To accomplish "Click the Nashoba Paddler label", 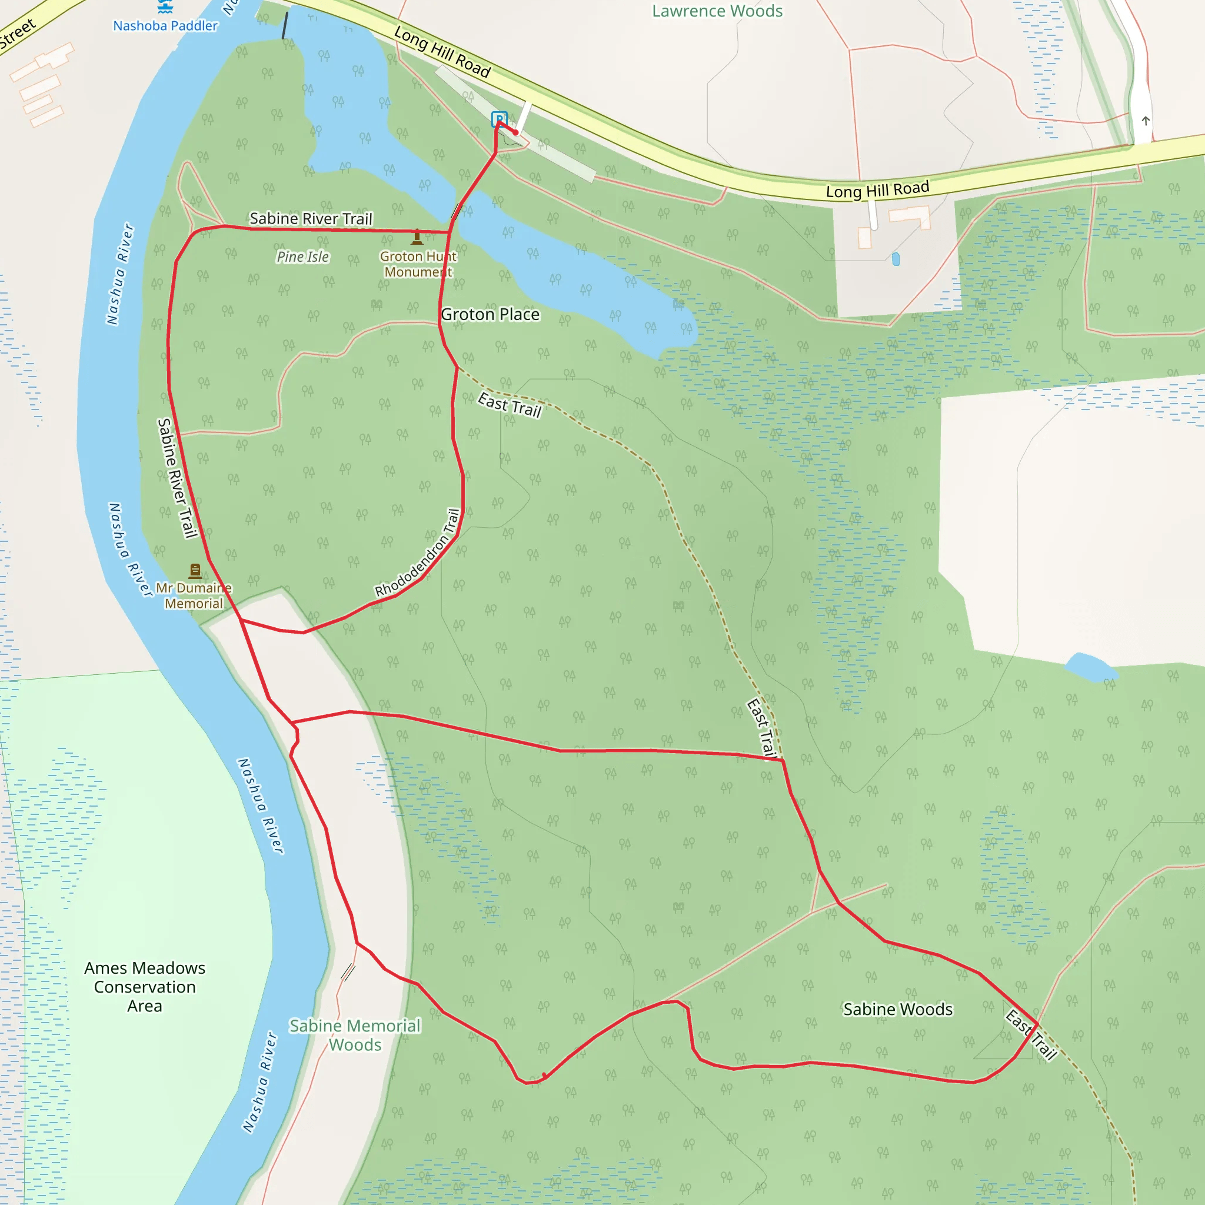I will coord(165,25).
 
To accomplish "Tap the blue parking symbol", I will coord(499,118).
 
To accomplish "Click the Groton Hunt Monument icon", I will coord(417,237).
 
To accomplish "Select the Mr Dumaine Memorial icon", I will coord(195,570).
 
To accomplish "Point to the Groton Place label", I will coord(490,314).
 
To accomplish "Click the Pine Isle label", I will coord(302,257).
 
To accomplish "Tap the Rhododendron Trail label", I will coord(418,552).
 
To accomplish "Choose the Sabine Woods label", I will coord(897,1009).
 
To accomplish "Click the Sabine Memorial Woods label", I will coord(355,1036).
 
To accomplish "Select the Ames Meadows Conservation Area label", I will coord(145,987).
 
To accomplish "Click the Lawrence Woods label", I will coord(717,11).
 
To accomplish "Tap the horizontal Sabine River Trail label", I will coord(311,218).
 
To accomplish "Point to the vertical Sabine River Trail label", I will coord(177,478).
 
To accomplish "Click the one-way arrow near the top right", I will coord(1146,121).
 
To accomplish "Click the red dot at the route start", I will coord(516,132).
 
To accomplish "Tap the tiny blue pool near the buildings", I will coord(896,259).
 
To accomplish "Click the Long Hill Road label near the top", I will coord(442,52).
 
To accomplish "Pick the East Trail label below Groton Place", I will coord(510,405).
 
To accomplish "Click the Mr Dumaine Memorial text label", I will coord(194,595).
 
